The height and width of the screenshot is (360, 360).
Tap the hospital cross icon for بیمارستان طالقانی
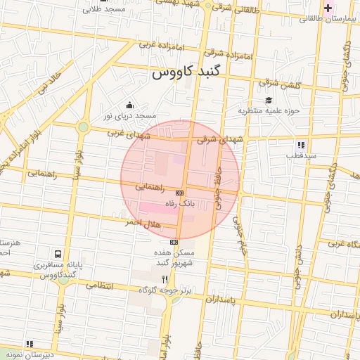coord(328,8)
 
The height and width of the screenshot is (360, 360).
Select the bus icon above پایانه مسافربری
coord(57,253)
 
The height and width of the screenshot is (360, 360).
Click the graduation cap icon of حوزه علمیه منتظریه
coord(268,100)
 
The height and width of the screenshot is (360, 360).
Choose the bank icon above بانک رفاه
coord(179,193)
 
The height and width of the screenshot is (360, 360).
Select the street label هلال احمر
coord(143,224)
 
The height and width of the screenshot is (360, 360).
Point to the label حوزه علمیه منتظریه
coord(269,110)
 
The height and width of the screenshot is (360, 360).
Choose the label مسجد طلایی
coord(103,10)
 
